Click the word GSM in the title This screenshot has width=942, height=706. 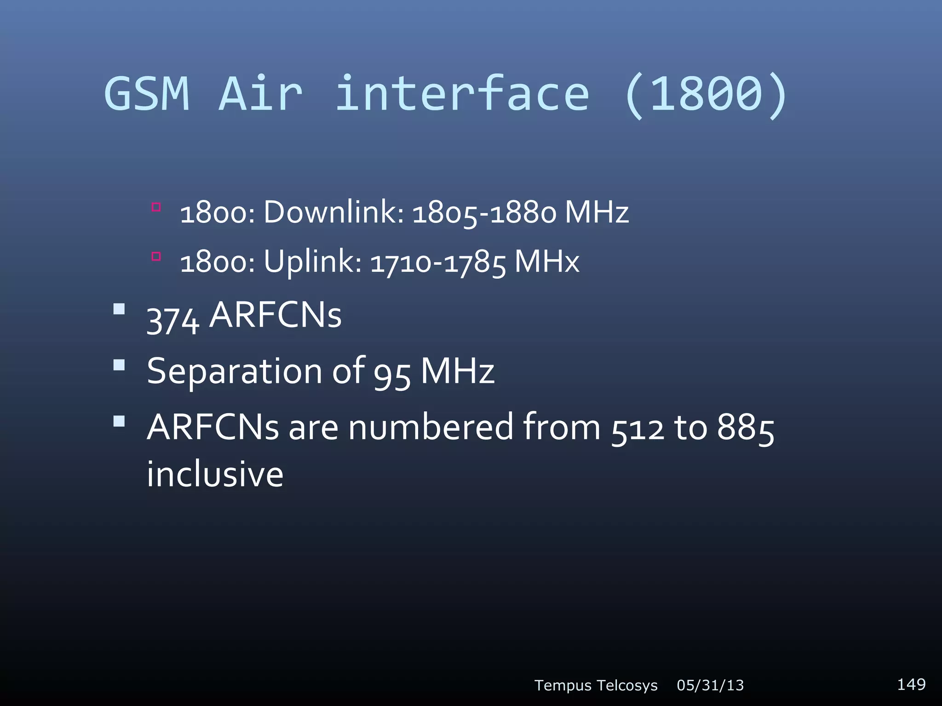[x=147, y=94]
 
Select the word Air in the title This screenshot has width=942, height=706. [x=260, y=94]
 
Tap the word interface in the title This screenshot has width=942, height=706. [x=462, y=94]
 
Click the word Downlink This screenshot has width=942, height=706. [x=333, y=212]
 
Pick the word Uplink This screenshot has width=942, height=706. [x=313, y=262]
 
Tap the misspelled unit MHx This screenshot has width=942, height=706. [x=547, y=262]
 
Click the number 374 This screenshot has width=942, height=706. [x=173, y=319]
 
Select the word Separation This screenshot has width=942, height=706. [x=235, y=371]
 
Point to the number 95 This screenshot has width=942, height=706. [x=392, y=373]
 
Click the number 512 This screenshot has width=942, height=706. [x=638, y=429]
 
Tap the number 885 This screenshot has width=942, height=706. [x=746, y=428]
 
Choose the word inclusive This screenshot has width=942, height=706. [x=215, y=474]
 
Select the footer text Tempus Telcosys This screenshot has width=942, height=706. [x=596, y=685]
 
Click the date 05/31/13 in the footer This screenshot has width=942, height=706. [x=710, y=685]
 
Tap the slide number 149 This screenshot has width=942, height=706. [x=911, y=684]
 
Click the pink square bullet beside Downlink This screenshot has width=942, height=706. [x=156, y=207]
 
